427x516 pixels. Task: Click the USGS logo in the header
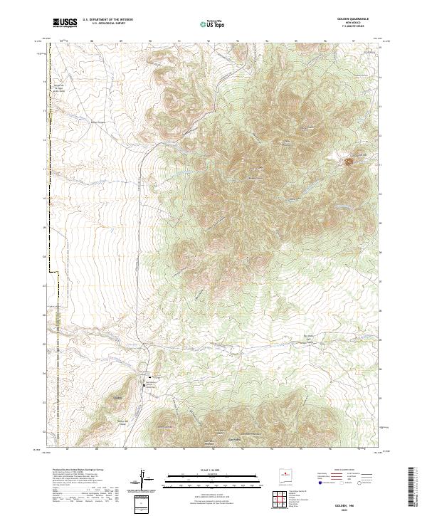click(x=65, y=23)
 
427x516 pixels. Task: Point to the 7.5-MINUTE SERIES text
click(x=354, y=28)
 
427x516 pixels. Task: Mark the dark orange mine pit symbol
click(x=349, y=162)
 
